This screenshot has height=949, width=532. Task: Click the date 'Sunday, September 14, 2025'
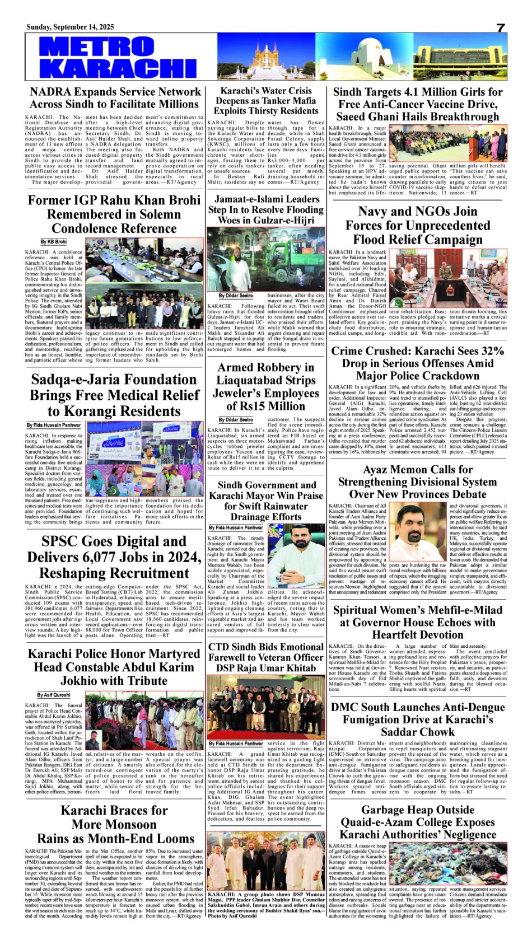[x=70, y=27]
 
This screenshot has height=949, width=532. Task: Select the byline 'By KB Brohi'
[x=53, y=242]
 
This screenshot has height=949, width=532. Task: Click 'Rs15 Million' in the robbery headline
[x=266, y=406]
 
